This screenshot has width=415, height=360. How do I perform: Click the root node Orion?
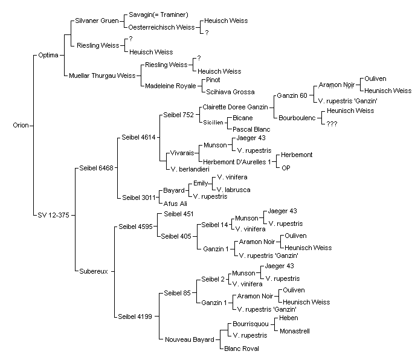pos(21,125)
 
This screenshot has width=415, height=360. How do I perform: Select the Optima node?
pos(48,56)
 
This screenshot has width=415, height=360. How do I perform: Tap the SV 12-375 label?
pos(53,215)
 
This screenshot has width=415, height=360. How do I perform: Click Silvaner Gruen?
pos(97,21)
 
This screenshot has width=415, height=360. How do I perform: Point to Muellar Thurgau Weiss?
pos(102,76)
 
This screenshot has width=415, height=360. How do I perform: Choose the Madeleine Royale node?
pos(170,86)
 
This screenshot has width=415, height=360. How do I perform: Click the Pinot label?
pos(213,80)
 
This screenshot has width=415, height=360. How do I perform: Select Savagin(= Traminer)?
pos(158,15)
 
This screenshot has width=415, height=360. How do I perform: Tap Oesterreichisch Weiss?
pos(161,27)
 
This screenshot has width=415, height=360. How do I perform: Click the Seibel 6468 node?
pos(96,168)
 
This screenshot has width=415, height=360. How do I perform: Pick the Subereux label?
pos(94,272)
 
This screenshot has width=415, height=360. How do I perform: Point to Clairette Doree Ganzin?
pos(236,107)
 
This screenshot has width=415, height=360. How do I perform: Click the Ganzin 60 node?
pos(292,95)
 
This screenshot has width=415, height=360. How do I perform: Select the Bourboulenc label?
pos(297,118)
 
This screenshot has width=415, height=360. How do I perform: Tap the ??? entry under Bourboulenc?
pos(332,124)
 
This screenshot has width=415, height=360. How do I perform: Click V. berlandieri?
pos(190,169)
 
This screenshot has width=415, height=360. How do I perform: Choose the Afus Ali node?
pos(175,204)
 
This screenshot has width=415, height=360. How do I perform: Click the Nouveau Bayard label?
pos(190,339)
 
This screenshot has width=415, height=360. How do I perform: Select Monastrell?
pos(295,331)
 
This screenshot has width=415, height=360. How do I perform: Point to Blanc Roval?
pos(242,349)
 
